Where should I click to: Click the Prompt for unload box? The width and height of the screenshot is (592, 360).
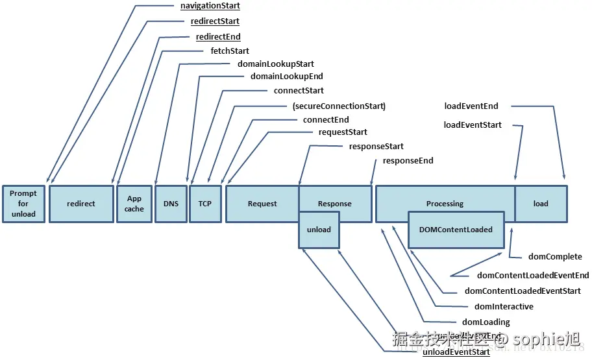(23, 204)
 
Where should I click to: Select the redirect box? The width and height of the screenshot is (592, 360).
(81, 204)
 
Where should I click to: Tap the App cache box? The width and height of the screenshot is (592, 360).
(134, 204)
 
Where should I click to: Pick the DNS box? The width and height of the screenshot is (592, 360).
(171, 204)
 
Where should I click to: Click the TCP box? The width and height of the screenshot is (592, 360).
(204, 204)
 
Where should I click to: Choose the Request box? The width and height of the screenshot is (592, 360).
(262, 204)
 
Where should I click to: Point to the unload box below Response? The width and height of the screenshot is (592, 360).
(319, 230)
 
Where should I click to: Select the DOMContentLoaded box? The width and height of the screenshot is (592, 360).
(456, 230)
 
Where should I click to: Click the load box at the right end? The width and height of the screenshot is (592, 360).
(541, 204)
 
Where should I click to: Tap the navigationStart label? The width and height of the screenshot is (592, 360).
(210, 6)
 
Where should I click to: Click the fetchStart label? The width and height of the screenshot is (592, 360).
(230, 51)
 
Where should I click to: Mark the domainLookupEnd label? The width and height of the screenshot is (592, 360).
(286, 77)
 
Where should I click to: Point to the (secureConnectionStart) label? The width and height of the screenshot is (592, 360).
(339, 106)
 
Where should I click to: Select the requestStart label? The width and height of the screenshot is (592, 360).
(343, 132)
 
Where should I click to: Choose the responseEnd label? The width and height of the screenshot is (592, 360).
(408, 160)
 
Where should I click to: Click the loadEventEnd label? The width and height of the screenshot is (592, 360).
(471, 106)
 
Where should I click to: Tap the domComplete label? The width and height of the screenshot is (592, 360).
(555, 257)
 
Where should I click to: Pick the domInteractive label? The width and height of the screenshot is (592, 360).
(504, 306)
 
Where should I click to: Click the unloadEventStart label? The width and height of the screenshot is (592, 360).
(456, 352)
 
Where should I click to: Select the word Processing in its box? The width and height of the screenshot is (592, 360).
(445, 204)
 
